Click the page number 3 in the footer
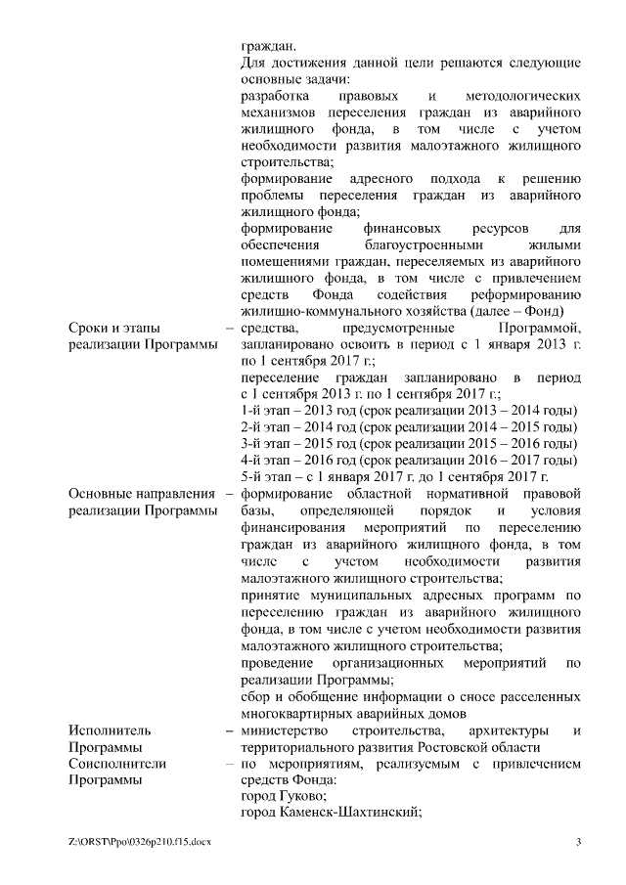579,842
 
